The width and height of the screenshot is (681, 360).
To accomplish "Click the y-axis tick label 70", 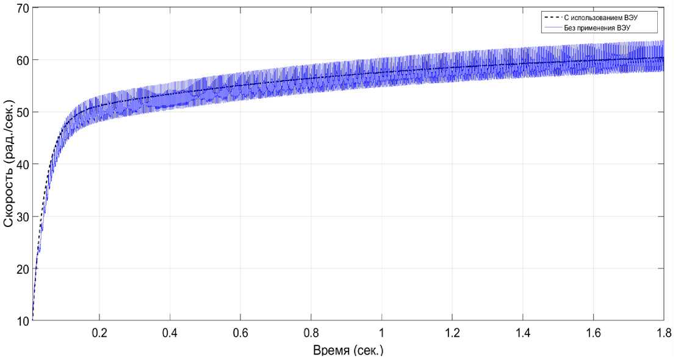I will (21, 8).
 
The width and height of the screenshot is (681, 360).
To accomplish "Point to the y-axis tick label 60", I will (21, 60).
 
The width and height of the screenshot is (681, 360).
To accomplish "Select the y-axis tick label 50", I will (21, 112).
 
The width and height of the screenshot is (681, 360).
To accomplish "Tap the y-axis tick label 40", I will (21, 164).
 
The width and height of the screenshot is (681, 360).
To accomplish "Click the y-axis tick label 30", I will (21, 217).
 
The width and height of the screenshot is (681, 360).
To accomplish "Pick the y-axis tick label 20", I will (21, 268).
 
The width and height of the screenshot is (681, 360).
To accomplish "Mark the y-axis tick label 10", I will (21, 320).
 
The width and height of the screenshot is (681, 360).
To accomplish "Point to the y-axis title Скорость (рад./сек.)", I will (9, 165).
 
